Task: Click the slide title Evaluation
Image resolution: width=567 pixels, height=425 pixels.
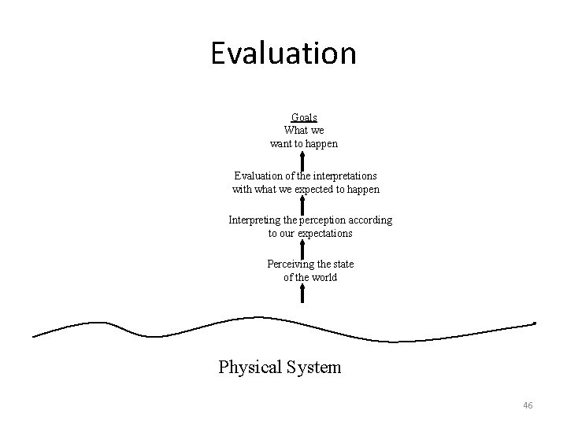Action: tap(283, 54)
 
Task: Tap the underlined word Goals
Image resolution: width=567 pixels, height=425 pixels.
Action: tap(303, 117)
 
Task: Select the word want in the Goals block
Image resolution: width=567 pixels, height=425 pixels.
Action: tap(282, 144)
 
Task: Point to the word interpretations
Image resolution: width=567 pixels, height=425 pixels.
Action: tap(343, 176)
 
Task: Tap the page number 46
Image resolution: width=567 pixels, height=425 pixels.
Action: tap(528, 405)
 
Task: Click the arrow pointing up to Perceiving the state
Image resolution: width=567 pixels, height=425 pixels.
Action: tap(303, 294)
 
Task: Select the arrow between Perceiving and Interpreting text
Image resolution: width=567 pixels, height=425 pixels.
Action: tap(303, 249)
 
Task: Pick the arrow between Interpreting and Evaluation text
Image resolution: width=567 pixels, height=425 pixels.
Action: tap(303, 205)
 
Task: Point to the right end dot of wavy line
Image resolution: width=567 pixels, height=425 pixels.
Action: tap(535, 323)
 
